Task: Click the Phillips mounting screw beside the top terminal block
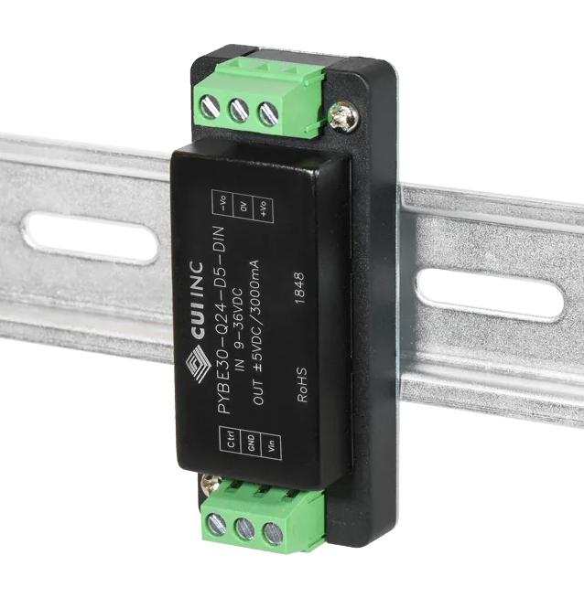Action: [x=346, y=116]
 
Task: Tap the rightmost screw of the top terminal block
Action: [x=267, y=113]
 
